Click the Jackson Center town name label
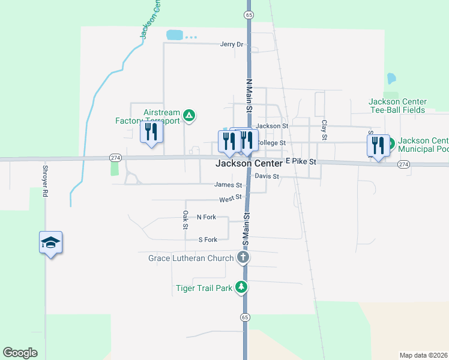249,163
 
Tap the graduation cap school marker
51,242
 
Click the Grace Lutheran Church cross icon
243,258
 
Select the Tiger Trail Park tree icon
241,288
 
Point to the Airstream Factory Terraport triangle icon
189,115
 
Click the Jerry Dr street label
232,44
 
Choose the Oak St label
185,220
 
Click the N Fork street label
206,217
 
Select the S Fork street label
207,239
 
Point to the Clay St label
324,130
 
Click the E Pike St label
301,162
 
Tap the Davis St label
267,176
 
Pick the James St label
228,185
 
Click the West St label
231,197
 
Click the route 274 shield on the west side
116,157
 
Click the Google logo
20,353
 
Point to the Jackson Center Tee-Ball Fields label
397,106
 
